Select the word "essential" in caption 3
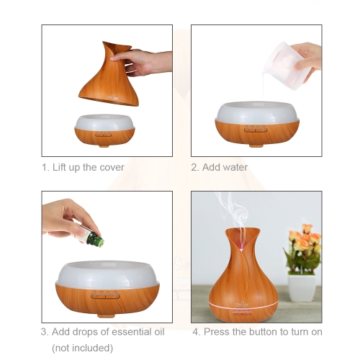[128, 332]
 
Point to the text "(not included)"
[82, 348]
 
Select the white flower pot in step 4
[302, 288]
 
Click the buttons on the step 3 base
[105, 296]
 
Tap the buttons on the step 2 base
[256, 130]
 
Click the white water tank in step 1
[105, 122]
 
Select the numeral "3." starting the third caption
[45, 332]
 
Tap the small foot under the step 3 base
[105, 316]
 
